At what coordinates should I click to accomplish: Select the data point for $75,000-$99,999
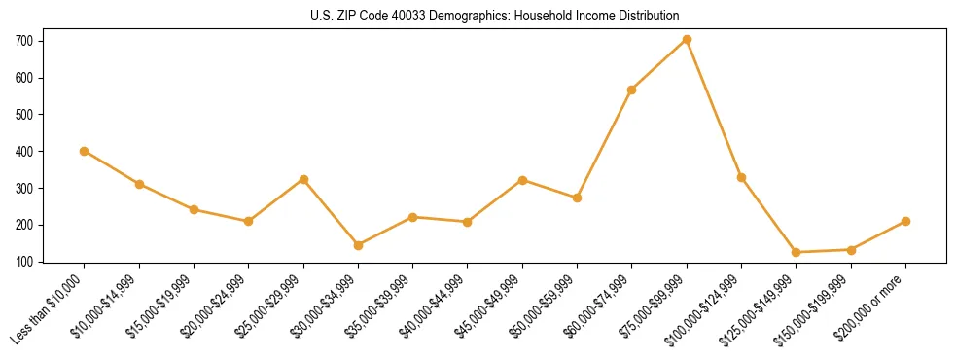coord(687,39)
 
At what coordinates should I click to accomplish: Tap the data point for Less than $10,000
coord(84,151)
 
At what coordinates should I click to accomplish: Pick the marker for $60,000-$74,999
coord(632,90)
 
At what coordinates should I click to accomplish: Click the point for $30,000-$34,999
coord(358,245)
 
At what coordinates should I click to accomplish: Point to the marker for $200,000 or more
coord(905,221)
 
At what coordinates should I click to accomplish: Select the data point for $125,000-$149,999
coord(796,252)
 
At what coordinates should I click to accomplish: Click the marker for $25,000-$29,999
coord(303,179)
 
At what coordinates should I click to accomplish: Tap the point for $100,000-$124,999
coord(741,178)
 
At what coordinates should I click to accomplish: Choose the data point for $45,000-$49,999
coord(522,180)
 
